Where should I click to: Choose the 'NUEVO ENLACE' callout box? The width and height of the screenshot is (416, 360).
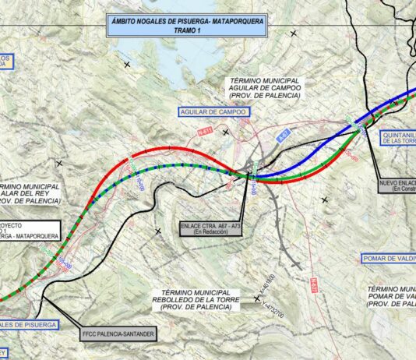click(x=396, y=185)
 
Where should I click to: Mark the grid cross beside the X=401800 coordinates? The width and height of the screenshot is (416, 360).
click(x=257, y=298)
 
